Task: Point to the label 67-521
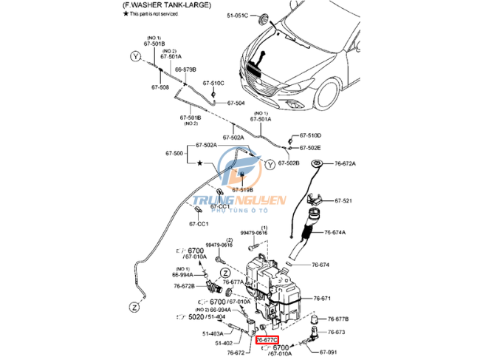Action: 343,201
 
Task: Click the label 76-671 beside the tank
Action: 322,298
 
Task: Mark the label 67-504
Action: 235,103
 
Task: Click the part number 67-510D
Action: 310,135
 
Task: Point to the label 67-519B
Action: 244,190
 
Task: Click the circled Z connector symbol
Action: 134,305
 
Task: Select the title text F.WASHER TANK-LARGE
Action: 166,5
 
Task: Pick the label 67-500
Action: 174,154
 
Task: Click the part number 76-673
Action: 336,332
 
